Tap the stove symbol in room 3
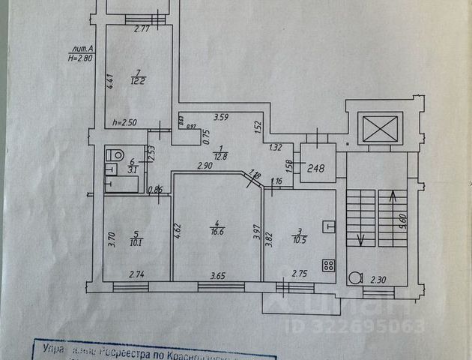(x=328, y=264)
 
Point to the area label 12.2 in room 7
(x=137, y=81)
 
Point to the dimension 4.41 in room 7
(x=109, y=81)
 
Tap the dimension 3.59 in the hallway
(x=221, y=117)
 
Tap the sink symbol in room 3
(x=327, y=226)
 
